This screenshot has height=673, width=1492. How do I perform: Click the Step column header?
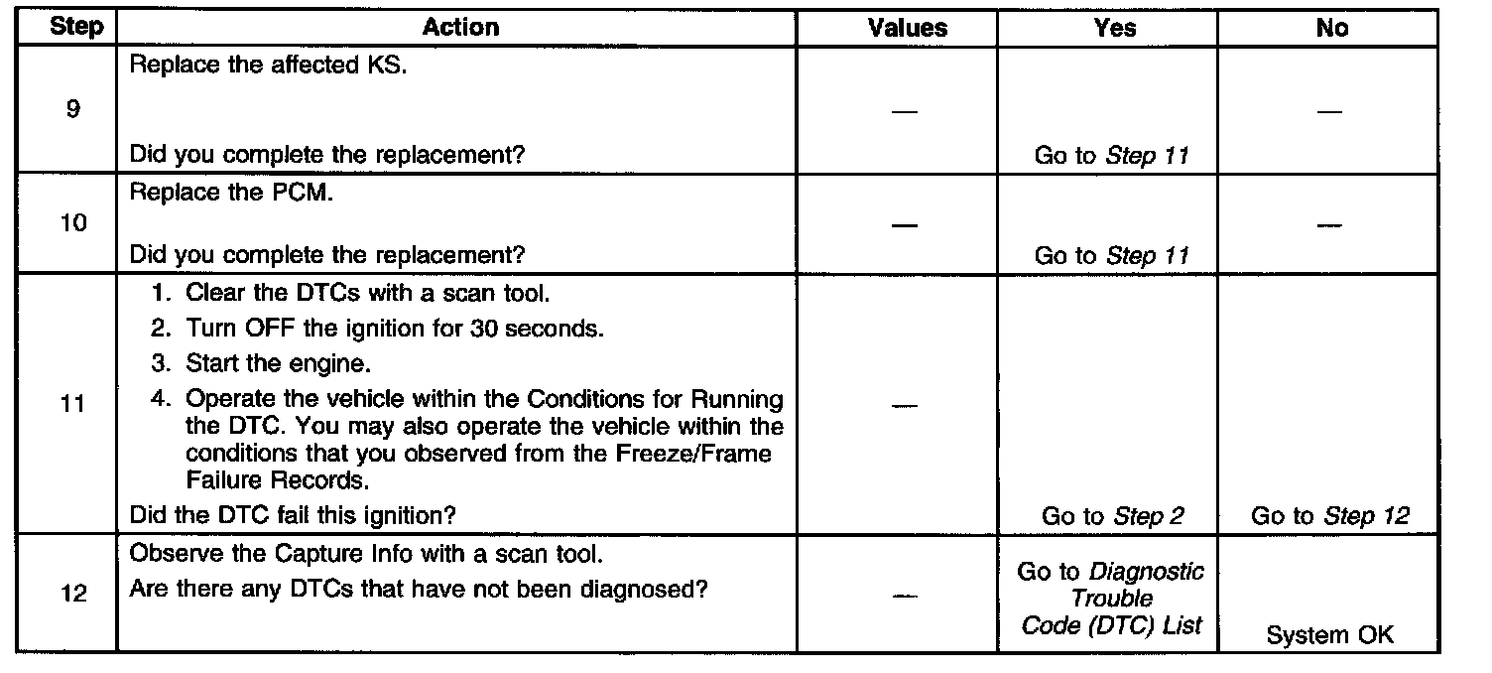(x=75, y=28)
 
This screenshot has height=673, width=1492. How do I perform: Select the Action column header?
(x=460, y=28)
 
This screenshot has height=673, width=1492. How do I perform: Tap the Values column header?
(x=907, y=28)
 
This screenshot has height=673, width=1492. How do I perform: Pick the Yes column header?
(x=1114, y=28)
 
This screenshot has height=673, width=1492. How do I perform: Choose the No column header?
(x=1331, y=28)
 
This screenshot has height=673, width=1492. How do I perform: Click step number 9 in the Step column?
(x=72, y=109)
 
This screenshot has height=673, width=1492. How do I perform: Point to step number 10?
(x=72, y=223)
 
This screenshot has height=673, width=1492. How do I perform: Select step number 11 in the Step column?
(x=72, y=405)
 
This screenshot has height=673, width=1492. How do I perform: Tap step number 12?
(x=72, y=594)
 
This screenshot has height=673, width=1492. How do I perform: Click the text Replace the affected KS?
(x=268, y=69)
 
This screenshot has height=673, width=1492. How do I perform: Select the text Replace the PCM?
(x=231, y=193)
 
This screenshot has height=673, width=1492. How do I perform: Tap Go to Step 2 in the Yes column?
(x=1112, y=516)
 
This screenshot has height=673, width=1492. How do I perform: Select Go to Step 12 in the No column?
(x=1330, y=516)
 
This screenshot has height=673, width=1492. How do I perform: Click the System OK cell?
(x=1329, y=635)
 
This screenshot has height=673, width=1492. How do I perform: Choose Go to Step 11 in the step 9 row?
(x=1111, y=156)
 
